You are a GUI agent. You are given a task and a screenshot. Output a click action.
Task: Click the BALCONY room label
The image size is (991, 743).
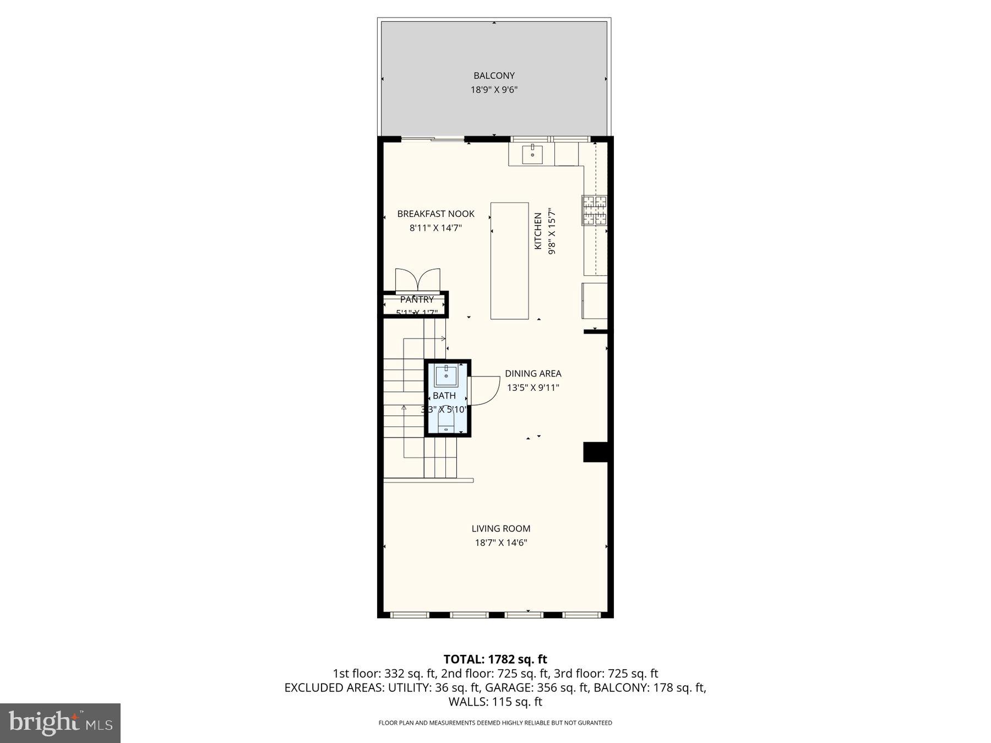[x=494, y=75]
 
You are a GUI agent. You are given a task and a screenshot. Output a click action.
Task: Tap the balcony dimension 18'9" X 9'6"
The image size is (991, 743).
[x=494, y=90]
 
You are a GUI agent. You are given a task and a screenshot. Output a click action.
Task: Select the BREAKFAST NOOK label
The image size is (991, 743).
[x=435, y=214]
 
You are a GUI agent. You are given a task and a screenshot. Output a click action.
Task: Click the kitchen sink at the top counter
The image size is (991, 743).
[x=532, y=153]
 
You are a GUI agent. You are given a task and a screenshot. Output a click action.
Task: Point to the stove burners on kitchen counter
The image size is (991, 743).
[x=595, y=210]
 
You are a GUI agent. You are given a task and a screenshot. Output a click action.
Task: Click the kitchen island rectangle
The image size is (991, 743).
[x=509, y=261]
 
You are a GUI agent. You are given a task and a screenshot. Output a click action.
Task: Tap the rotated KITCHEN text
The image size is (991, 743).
[x=538, y=231]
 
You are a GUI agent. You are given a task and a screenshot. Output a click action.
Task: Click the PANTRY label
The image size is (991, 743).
[x=417, y=299]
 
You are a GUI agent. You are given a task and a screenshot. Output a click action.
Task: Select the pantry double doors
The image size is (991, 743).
[x=418, y=280]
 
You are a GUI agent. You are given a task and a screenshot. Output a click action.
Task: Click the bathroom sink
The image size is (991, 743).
[x=446, y=376]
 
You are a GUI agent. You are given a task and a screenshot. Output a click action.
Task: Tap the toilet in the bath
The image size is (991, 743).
[x=446, y=421]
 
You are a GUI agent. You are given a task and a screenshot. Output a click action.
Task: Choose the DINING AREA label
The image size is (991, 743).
[x=533, y=373]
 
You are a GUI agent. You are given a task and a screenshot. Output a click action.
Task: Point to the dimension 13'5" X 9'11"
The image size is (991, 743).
[x=533, y=387]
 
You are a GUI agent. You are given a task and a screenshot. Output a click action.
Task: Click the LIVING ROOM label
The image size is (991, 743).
[x=500, y=528]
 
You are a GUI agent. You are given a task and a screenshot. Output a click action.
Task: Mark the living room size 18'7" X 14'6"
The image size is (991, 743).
[x=500, y=543]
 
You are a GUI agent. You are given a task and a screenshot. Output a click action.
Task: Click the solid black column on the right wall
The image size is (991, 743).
[x=595, y=452]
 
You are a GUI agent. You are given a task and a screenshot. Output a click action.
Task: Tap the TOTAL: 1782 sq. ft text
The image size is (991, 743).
[x=495, y=659]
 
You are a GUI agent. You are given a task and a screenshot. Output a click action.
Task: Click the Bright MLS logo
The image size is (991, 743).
[x=60, y=723]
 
